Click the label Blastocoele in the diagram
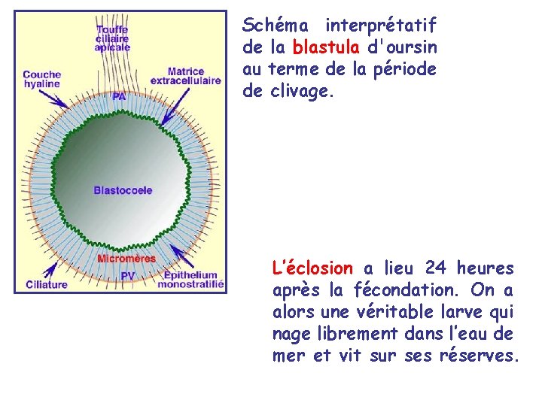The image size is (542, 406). point(123,190)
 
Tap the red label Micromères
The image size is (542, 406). point(126,259)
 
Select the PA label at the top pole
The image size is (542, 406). point(119,96)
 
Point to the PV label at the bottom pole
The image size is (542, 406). point(128,276)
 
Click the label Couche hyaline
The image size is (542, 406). point(41,80)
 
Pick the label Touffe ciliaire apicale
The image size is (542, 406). point(112,38)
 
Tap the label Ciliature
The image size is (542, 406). point(46,283)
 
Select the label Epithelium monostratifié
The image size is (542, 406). point(193,280)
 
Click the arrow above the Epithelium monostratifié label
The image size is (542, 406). point(181,256)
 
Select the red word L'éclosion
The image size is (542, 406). point(312,268)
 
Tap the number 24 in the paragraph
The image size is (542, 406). point(436,268)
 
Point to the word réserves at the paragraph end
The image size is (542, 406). point(480,355)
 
